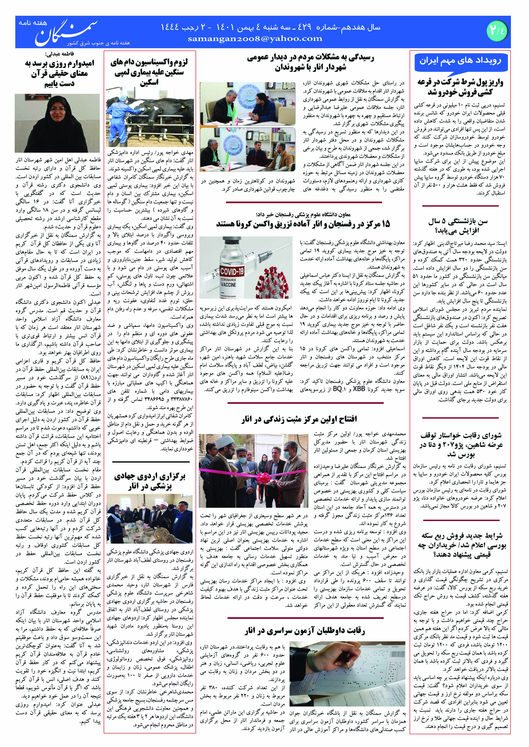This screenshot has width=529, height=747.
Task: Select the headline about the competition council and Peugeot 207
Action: coord(460,444)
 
